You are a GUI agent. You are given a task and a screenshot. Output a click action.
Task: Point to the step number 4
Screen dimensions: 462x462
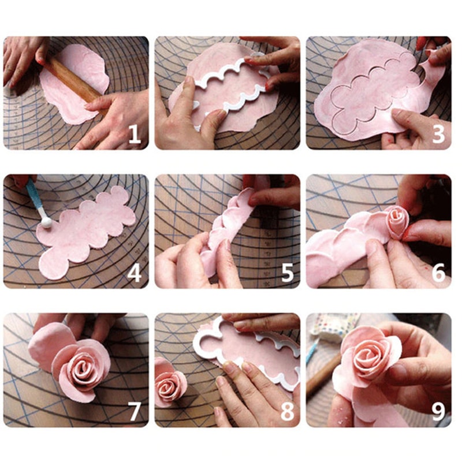pos(134,273)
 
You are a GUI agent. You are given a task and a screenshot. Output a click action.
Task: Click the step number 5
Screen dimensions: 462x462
pos(286,273)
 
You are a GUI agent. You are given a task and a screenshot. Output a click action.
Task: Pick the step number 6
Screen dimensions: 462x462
pos(438,273)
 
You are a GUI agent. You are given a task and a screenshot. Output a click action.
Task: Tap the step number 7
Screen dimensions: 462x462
pos(134,411)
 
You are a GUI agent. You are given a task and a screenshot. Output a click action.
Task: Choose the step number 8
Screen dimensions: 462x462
pos(286,411)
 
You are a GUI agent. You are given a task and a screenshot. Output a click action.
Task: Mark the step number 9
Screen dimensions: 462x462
pos(438,411)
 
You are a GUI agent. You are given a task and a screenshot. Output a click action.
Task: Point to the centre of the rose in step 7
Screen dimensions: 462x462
pos(87,370)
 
